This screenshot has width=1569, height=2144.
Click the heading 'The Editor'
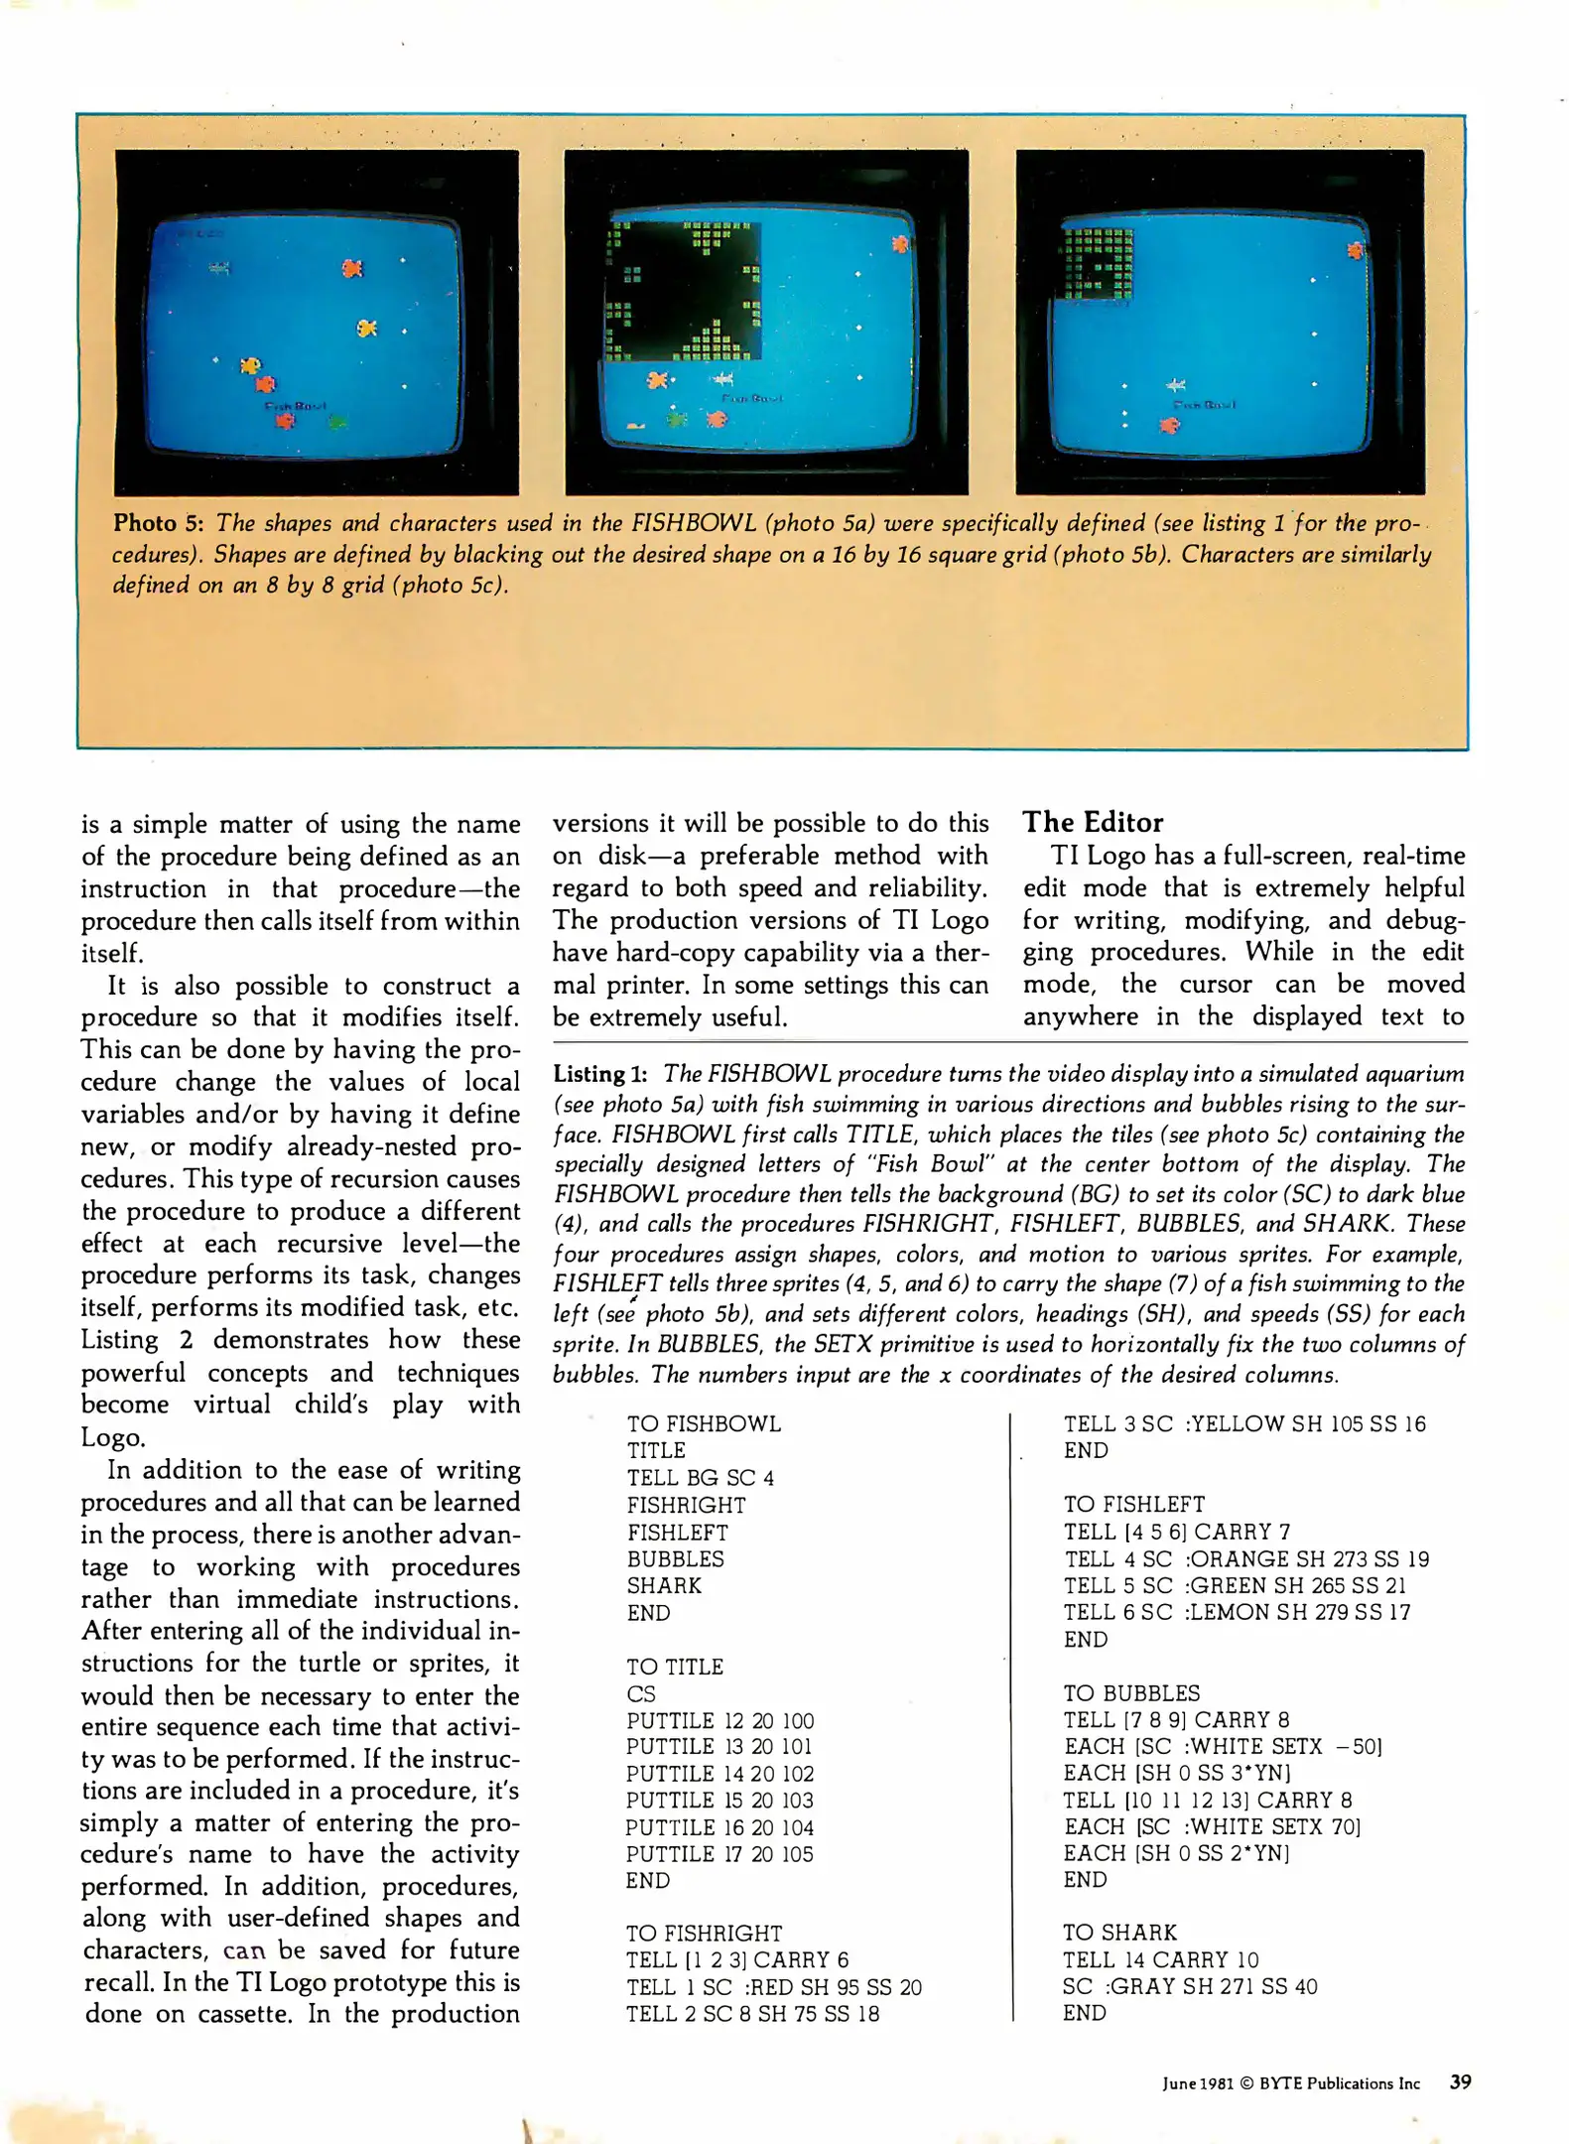[x=1093, y=822]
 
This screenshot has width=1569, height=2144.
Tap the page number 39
[x=1460, y=2082]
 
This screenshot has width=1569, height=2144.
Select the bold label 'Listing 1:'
[x=599, y=1074]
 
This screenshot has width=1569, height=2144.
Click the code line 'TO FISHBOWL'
[x=704, y=1423]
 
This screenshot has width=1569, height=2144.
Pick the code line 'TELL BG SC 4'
[x=700, y=1478]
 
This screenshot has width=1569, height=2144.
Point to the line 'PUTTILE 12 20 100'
[x=719, y=1720]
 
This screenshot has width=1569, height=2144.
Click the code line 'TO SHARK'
[x=1119, y=1932]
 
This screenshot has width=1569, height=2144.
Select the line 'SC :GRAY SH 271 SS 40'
[x=1189, y=1986]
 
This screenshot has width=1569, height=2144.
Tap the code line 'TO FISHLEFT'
[x=1134, y=1504]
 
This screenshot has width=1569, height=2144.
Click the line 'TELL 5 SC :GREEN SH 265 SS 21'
[x=1235, y=1585]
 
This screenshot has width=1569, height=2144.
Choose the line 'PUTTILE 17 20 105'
[x=719, y=1853]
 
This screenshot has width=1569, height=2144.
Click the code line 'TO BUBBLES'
[x=1131, y=1692]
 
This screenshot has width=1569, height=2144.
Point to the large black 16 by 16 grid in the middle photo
[x=684, y=291]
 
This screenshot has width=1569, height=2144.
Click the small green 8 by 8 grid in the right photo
[x=1097, y=264]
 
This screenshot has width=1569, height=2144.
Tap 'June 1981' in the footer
[x=1198, y=2083]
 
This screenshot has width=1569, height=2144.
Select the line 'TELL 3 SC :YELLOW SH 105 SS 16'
[x=1244, y=1423]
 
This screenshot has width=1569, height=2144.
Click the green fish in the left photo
[x=338, y=423]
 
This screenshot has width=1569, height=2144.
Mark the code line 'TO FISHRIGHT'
[x=704, y=1933]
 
